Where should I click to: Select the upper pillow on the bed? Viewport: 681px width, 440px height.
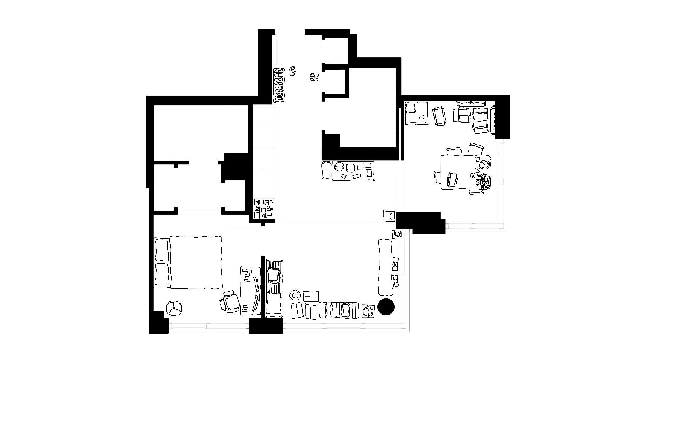162,250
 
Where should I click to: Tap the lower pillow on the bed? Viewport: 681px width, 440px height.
162,274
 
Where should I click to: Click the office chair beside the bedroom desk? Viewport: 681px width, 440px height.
231,301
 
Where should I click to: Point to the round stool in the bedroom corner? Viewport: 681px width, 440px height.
175,308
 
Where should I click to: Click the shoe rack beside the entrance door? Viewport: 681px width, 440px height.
279,85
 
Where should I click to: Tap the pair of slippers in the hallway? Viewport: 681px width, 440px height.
313,77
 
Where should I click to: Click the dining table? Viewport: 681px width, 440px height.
465,172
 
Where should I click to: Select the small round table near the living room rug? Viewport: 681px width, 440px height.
295,295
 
